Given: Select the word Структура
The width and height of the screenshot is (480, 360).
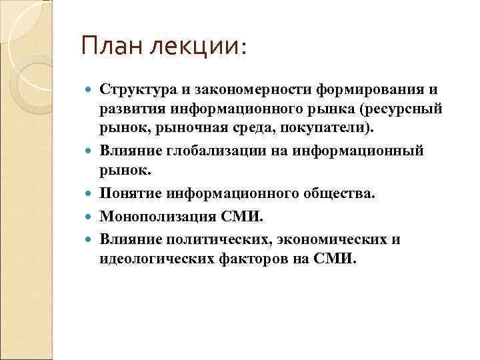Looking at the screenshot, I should [x=135, y=89].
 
